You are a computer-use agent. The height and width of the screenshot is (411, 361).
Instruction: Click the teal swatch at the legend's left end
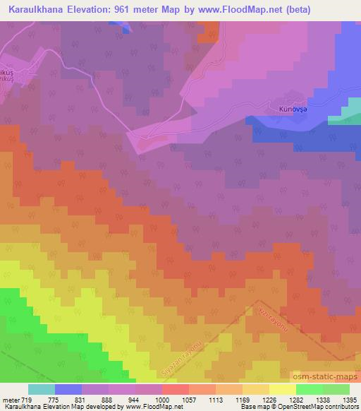point(42,389)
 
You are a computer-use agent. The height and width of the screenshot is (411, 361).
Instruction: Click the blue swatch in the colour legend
point(68,389)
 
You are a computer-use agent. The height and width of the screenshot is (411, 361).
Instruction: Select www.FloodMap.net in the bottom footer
point(149,407)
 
